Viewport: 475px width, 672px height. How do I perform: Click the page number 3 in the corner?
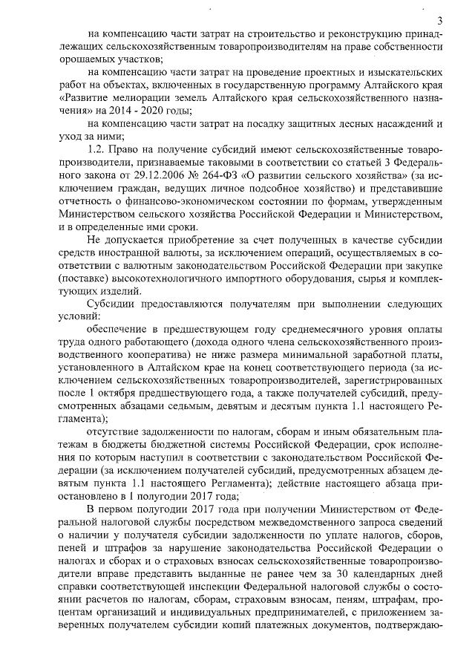click(x=439, y=20)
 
